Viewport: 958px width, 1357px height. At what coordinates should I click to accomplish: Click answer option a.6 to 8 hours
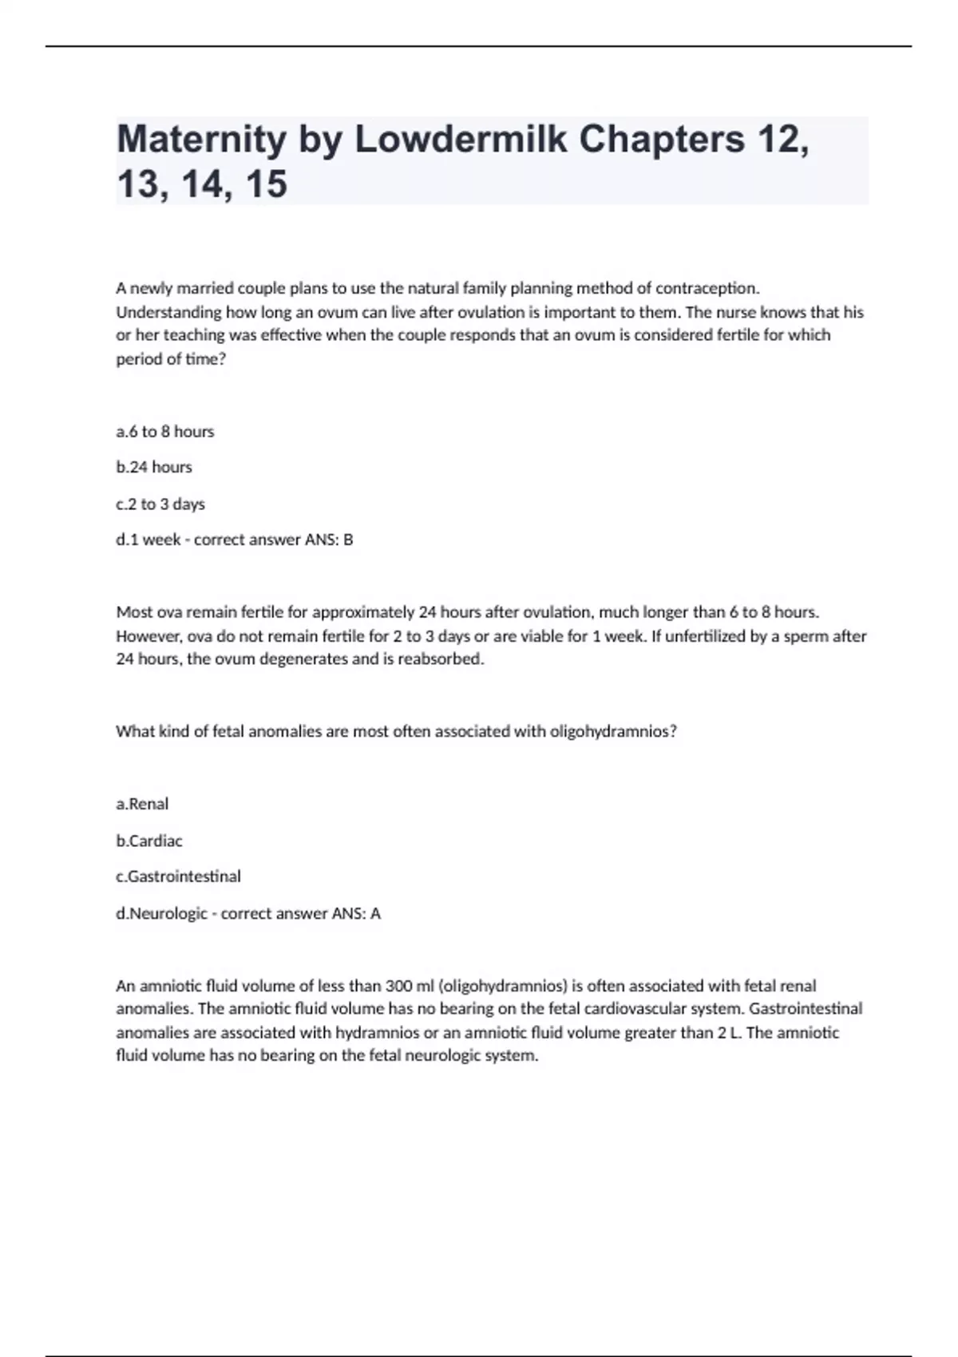(165, 432)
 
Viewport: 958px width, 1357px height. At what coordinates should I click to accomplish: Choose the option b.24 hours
(154, 467)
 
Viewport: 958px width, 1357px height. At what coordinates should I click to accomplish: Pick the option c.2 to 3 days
(160, 504)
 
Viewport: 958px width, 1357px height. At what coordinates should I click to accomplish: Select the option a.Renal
(142, 804)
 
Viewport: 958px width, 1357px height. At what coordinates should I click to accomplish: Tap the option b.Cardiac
(149, 841)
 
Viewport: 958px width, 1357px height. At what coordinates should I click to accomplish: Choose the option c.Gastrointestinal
(178, 876)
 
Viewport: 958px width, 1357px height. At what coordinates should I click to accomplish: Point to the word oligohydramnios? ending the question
(613, 731)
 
